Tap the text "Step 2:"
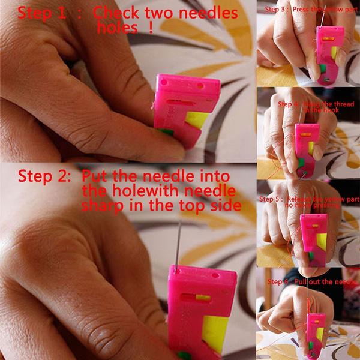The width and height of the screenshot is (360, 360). pyautogui.click(x=46, y=176)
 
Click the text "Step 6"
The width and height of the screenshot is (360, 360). pyautogui.click(x=278, y=281)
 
